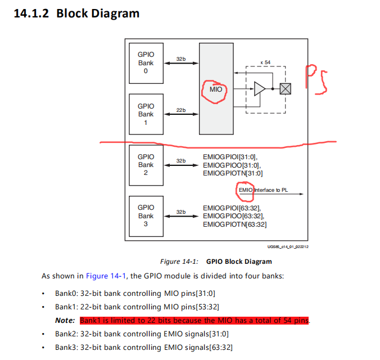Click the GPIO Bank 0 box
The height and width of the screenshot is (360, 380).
click(x=146, y=63)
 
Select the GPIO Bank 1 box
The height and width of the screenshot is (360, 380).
click(x=146, y=114)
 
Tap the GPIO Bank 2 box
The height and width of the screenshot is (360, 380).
click(x=146, y=165)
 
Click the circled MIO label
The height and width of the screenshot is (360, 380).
click(x=216, y=89)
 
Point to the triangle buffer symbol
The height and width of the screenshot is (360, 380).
click(x=259, y=89)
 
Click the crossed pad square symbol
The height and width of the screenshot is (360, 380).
click(x=286, y=89)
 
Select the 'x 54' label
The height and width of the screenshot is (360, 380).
click(x=265, y=62)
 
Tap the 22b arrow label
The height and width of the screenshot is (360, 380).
click(x=181, y=110)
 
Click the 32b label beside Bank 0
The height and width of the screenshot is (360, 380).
click(x=181, y=59)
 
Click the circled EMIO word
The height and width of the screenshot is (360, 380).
click(x=246, y=190)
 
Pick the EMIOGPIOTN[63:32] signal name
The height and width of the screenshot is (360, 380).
click(x=234, y=224)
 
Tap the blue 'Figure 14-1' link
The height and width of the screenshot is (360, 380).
click(x=105, y=276)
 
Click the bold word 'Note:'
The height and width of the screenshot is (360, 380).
click(x=65, y=321)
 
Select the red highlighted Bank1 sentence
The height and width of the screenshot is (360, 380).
click(x=195, y=321)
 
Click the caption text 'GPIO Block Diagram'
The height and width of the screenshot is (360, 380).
click(x=239, y=262)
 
